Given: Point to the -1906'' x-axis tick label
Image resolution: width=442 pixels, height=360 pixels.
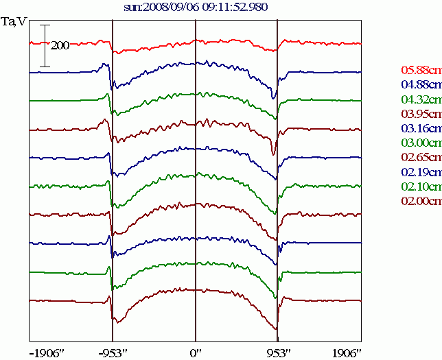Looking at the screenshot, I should (x=47, y=352).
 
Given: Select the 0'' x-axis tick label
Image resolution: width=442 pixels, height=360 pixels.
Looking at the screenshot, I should (x=196, y=352).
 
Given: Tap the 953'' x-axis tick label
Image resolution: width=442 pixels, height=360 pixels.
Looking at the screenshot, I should (x=277, y=352).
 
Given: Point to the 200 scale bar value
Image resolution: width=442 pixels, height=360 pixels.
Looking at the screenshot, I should (x=60, y=45).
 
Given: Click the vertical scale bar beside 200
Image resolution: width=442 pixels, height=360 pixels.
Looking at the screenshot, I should (x=45, y=45).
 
